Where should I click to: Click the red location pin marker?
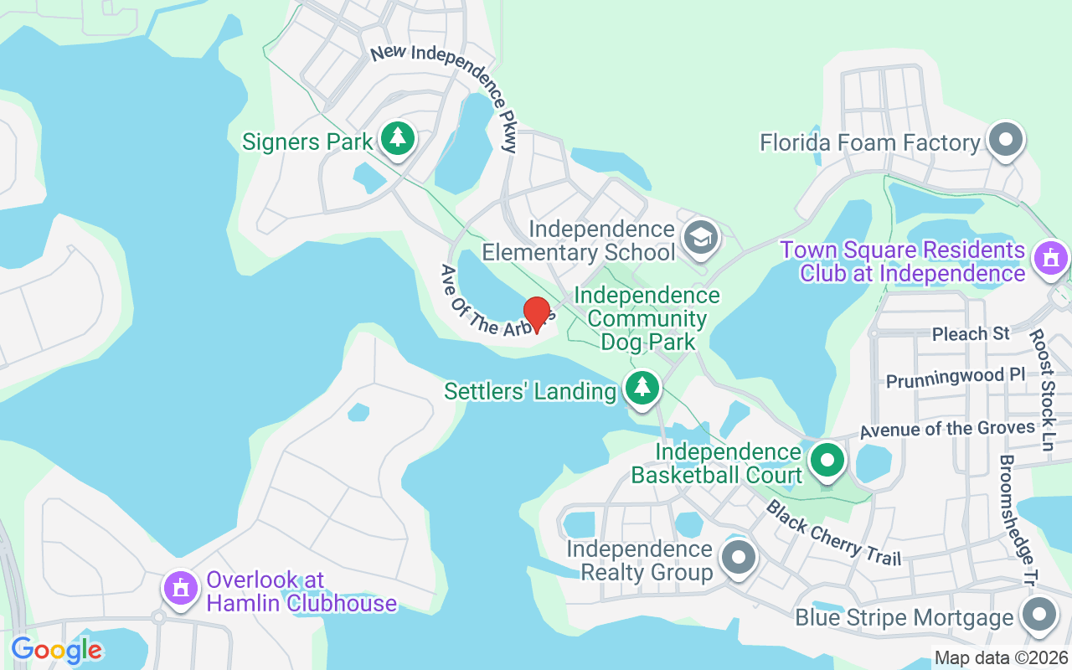click(x=536, y=313)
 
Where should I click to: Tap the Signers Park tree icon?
click(x=398, y=139)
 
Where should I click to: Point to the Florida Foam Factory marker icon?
click(x=1006, y=140)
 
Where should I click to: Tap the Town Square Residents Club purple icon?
click(x=1051, y=256)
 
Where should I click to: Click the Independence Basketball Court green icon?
click(x=827, y=460)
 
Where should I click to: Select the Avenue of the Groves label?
click(x=947, y=430)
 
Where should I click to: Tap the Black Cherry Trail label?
click(x=833, y=533)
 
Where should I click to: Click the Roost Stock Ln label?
click(x=1042, y=389)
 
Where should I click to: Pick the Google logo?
click(x=56, y=649)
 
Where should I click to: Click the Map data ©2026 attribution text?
click(x=1002, y=657)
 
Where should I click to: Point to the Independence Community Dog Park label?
click(x=647, y=318)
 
